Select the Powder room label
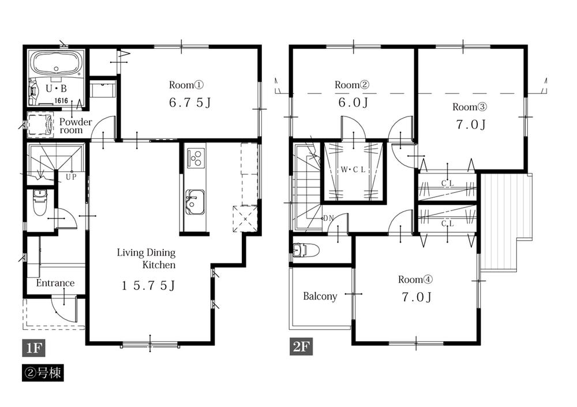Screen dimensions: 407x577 coord(75,126)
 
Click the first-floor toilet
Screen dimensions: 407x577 coord(39,202)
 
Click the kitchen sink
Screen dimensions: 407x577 coord(194,201)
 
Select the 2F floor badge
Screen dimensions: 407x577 coord(301,348)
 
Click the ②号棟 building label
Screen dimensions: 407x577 coord(43,372)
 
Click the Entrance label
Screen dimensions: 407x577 coord(55,283)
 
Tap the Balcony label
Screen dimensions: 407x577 coord(320,296)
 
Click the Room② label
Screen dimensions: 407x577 coord(351,85)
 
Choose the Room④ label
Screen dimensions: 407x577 coord(415,280)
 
